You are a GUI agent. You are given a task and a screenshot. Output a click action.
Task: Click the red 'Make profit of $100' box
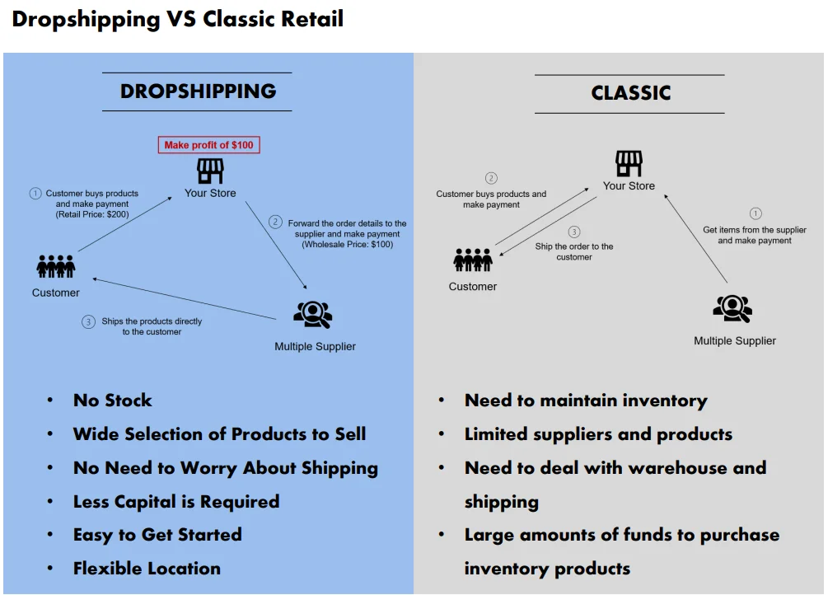208,145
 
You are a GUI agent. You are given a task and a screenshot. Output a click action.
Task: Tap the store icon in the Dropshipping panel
210,171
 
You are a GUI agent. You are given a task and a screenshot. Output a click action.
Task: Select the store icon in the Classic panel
629,163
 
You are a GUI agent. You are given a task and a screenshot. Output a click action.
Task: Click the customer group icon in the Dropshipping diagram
56,267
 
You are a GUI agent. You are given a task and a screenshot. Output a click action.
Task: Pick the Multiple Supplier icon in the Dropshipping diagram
313,315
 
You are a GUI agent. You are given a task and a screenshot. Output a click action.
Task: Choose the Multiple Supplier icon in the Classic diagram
732,309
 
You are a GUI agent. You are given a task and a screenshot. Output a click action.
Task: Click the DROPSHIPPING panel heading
198,91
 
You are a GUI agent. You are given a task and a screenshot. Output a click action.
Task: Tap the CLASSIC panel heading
630,93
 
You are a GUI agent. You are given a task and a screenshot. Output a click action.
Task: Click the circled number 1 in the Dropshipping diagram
35,194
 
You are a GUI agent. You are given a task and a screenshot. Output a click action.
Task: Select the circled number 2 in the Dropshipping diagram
276,223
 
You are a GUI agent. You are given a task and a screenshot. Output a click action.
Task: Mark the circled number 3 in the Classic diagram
574,232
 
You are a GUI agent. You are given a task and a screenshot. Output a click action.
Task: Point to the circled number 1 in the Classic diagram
755,213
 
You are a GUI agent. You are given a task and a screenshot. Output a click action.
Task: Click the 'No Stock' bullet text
113,401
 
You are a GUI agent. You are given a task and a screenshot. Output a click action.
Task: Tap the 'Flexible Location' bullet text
147,569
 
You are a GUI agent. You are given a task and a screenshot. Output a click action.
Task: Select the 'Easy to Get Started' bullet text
157,535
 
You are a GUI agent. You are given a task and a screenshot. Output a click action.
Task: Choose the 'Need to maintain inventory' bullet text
586,401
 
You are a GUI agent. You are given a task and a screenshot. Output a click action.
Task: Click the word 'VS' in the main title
180,19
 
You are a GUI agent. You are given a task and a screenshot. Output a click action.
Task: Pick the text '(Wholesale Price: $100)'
348,245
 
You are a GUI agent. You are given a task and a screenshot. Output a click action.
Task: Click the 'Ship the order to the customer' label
574,251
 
